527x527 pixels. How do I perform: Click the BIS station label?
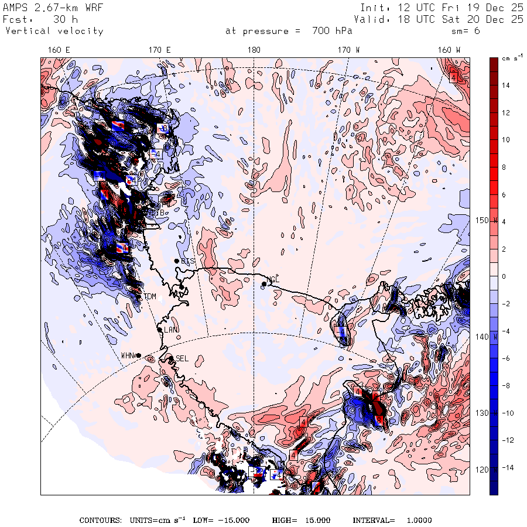tap(188, 261)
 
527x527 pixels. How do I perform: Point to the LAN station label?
tap(170, 330)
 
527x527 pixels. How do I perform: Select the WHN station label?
tap(128, 355)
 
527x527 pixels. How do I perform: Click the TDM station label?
tap(150, 297)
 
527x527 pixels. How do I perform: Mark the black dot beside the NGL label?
tap(264, 284)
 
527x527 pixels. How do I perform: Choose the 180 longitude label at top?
tap(254, 50)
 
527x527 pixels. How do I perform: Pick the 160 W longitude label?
tap(449, 50)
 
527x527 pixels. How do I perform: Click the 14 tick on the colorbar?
tap(505, 85)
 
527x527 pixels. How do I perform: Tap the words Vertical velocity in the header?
tap(54, 31)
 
